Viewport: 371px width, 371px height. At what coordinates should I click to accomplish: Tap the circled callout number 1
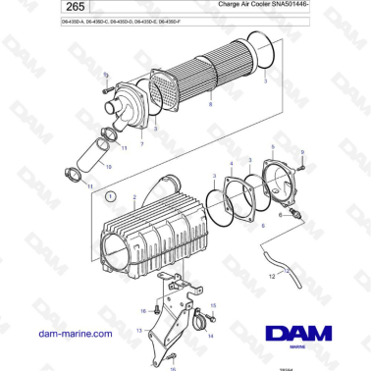pos(111,196)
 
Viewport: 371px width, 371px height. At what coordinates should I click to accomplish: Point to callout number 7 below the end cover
pos(143,144)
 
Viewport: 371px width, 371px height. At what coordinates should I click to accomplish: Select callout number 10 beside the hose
pos(108,169)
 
